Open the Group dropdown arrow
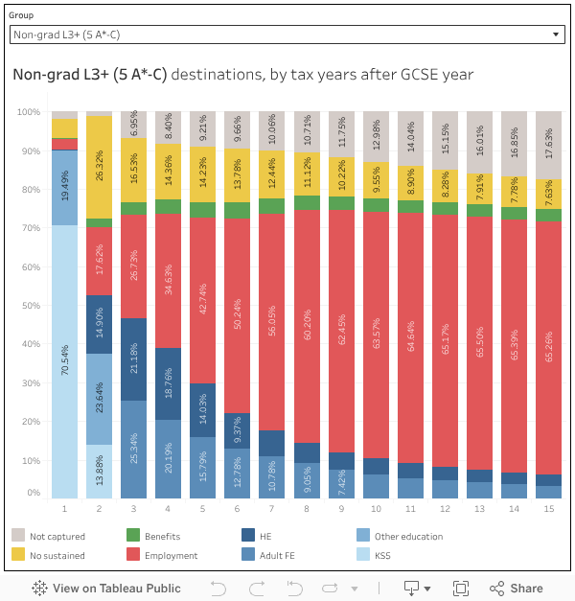[557, 35]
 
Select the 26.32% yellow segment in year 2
[99, 168]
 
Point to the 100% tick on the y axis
[28, 113]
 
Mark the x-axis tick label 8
[306, 507]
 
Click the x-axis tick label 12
[445, 507]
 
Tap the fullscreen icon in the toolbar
[460, 588]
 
